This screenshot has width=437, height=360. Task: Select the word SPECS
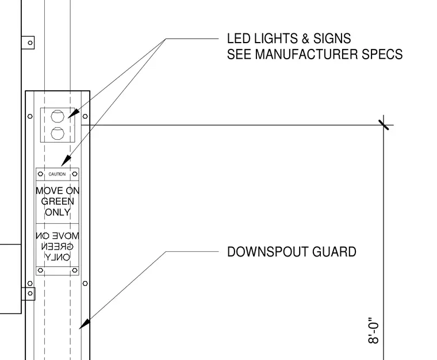click(382, 54)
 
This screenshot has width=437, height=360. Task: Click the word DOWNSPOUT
click(267, 252)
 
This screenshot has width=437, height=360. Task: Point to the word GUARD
click(334, 252)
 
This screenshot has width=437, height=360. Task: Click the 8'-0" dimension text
click(374, 330)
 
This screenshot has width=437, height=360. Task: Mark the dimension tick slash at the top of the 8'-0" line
click(384, 125)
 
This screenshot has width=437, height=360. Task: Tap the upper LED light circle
click(57, 116)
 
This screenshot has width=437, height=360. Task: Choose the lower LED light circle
click(57, 133)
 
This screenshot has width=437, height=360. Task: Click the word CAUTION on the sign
click(57, 174)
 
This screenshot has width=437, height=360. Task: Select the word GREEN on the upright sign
click(57, 201)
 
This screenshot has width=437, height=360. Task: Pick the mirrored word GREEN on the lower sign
click(57, 247)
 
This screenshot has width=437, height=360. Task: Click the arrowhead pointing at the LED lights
click(74, 114)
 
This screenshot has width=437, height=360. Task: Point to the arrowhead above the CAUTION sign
click(66, 162)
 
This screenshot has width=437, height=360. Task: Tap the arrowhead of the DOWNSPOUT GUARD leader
click(85, 324)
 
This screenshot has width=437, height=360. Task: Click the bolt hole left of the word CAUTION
click(40, 174)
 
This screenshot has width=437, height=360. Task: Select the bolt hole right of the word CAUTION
click(75, 174)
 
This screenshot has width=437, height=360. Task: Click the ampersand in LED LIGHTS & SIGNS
click(305, 39)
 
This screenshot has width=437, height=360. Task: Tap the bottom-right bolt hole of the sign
click(75, 270)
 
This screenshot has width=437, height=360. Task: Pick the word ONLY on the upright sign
click(57, 212)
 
